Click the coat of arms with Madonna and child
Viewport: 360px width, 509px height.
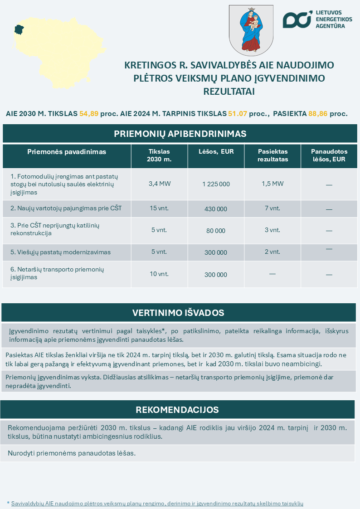[x=251, y=30]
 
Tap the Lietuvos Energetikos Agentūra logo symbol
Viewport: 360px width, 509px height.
[x=297, y=19]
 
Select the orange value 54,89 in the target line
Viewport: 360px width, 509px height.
[x=89, y=114]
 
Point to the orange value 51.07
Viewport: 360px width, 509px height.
[x=237, y=114]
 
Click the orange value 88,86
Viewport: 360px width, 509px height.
[x=318, y=114]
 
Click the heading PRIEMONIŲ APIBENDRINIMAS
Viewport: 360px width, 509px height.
[x=180, y=134]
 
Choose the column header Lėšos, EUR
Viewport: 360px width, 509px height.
[x=216, y=152]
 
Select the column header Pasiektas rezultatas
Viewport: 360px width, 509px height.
[x=272, y=155]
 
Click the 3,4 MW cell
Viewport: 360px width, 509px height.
[x=159, y=184]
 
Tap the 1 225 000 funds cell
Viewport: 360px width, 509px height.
[x=216, y=184]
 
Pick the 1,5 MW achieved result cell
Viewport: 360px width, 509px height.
[x=272, y=184]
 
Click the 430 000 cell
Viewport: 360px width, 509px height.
[x=216, y=209]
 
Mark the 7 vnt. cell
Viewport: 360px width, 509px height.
[x=272, y=208]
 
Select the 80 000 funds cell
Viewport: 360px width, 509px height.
[x=216, y=231]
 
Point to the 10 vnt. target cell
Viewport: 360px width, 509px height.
[x=159, y=274]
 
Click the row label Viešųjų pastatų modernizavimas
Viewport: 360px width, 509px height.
[x=61, y=252]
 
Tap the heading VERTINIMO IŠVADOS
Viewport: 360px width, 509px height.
[x=178, y=313]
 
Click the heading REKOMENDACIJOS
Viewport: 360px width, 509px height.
[x=177, y=410]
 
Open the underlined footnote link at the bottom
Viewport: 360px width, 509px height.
[x=157, y=504]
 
